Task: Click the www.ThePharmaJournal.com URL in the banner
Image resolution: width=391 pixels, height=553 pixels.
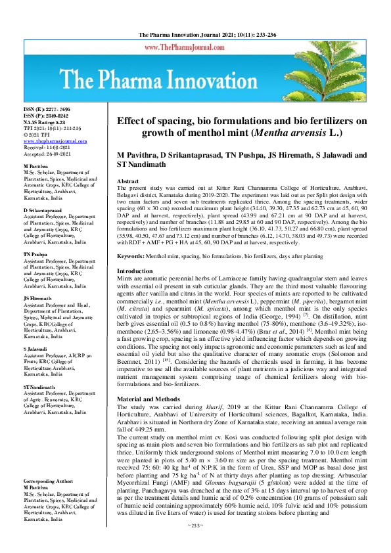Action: [x=195, y=49]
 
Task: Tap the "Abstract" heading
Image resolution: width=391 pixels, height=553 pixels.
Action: [x=127, y=180]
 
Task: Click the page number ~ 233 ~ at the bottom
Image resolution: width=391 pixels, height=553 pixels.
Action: [x=195, y=543]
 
